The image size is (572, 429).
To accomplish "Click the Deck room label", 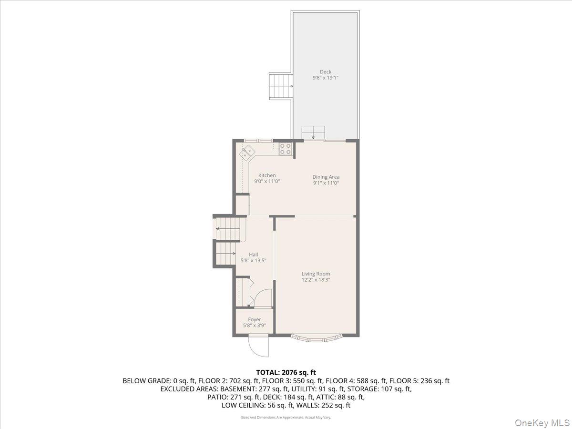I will [326, 72].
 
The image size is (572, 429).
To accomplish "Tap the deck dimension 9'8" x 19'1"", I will [326, 78].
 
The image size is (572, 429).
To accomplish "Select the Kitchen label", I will [267, 175].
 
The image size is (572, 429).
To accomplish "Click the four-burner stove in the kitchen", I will [286, 149].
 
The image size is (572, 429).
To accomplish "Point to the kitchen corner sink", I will [247, 153].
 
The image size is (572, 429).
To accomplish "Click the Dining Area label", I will [326, 177].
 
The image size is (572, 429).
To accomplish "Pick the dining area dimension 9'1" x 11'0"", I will [326, 183].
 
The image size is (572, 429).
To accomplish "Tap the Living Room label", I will [316, 274].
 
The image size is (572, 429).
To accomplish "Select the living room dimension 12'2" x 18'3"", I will [316, 280].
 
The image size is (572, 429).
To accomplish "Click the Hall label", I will [254, 255].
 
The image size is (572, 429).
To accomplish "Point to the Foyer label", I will [255, 319].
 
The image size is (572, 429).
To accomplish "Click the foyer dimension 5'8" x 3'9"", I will [255, 326].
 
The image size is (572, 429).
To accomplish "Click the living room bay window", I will [317, 339].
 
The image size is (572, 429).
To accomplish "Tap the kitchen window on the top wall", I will [258, 140].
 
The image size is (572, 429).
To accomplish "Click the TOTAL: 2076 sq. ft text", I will [286, 372].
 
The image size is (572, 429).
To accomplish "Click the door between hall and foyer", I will [263, 298].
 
